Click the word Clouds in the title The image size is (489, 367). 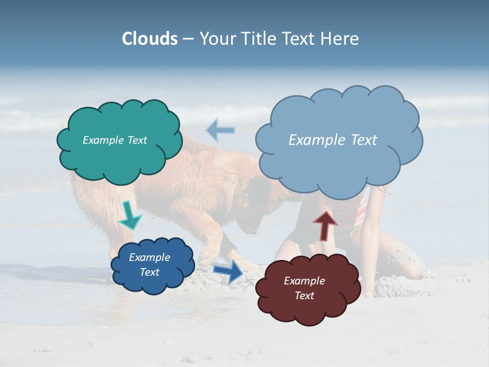(150, 39)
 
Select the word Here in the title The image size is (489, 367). (340, 39)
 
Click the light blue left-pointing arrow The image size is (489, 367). (221, 130)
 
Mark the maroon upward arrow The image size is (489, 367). (325, 225)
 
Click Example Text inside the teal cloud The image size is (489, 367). (115, 140)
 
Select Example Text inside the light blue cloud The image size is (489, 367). (333, 140)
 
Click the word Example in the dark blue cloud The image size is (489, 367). (149, 257)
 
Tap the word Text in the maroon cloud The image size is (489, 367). (304, 296)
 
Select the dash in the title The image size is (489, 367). (188, 39)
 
